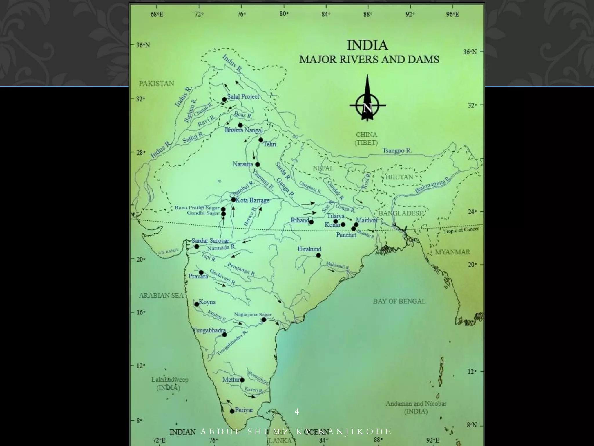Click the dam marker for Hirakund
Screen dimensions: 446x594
318,255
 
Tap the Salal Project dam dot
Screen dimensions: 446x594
224,100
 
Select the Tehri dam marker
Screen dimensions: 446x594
261,140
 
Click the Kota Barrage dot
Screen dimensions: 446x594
233,199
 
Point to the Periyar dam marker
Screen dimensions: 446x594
232,411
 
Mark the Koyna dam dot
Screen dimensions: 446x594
197,304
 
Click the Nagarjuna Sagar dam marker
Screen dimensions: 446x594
264,320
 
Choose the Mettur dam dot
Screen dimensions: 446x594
242,380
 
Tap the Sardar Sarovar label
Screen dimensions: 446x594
210,241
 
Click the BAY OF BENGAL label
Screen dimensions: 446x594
399,301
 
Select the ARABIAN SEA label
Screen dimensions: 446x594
161,296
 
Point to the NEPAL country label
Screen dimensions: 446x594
323,168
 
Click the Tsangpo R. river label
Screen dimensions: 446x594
397,150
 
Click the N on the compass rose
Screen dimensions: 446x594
367,108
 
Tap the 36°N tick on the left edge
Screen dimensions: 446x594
143,45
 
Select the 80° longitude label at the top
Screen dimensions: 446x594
284,13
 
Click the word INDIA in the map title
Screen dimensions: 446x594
367,46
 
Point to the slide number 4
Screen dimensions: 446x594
297,411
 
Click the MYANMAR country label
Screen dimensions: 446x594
452,252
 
